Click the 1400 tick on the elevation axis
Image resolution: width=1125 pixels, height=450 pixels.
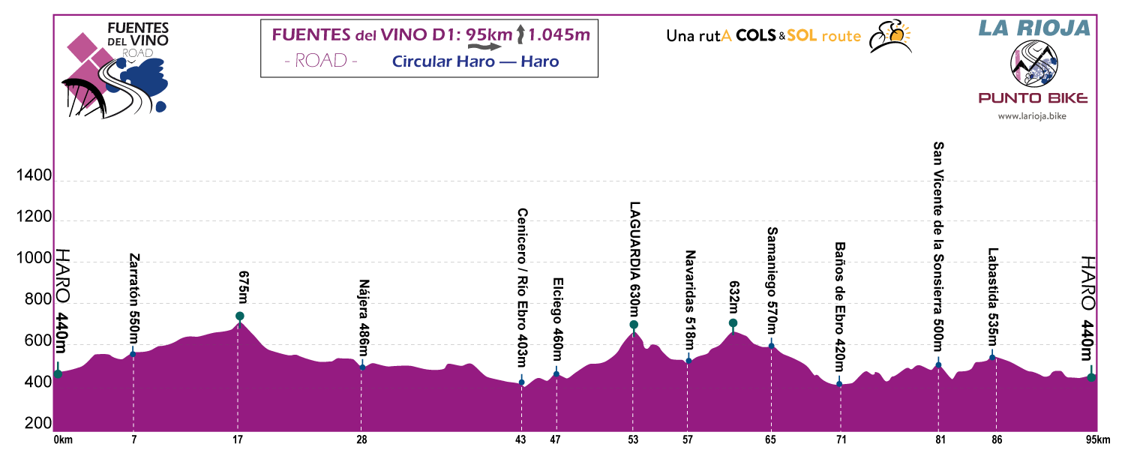click(x=34, y=177)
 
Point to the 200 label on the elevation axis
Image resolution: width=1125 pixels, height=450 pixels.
click(x=34, y=424)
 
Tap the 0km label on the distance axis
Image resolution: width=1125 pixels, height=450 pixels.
click(x=62, y=440)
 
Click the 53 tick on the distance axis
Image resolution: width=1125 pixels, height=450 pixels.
click(x=634, y=440)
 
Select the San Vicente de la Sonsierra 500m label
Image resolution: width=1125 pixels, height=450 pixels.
click(x=938, y=245)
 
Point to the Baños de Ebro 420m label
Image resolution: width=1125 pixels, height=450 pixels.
click(x=840, y=307)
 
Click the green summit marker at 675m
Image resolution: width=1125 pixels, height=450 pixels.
click(x=239, y=316)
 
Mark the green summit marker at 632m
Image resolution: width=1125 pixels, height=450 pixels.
click(x=733, y=323)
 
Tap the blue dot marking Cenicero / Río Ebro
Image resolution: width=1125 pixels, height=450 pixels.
click(x=521, y=382)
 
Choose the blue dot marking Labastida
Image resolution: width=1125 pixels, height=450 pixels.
click(x=991, y=357)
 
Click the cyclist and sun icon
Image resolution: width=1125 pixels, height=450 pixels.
click(x=889, y=36)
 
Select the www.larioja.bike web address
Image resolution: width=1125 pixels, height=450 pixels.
click(x=1032, y=115)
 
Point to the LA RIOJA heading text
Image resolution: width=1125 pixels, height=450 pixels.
click(x=1033, y=28)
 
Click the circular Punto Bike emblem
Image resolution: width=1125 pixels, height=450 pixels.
click(x=1033, y=64)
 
